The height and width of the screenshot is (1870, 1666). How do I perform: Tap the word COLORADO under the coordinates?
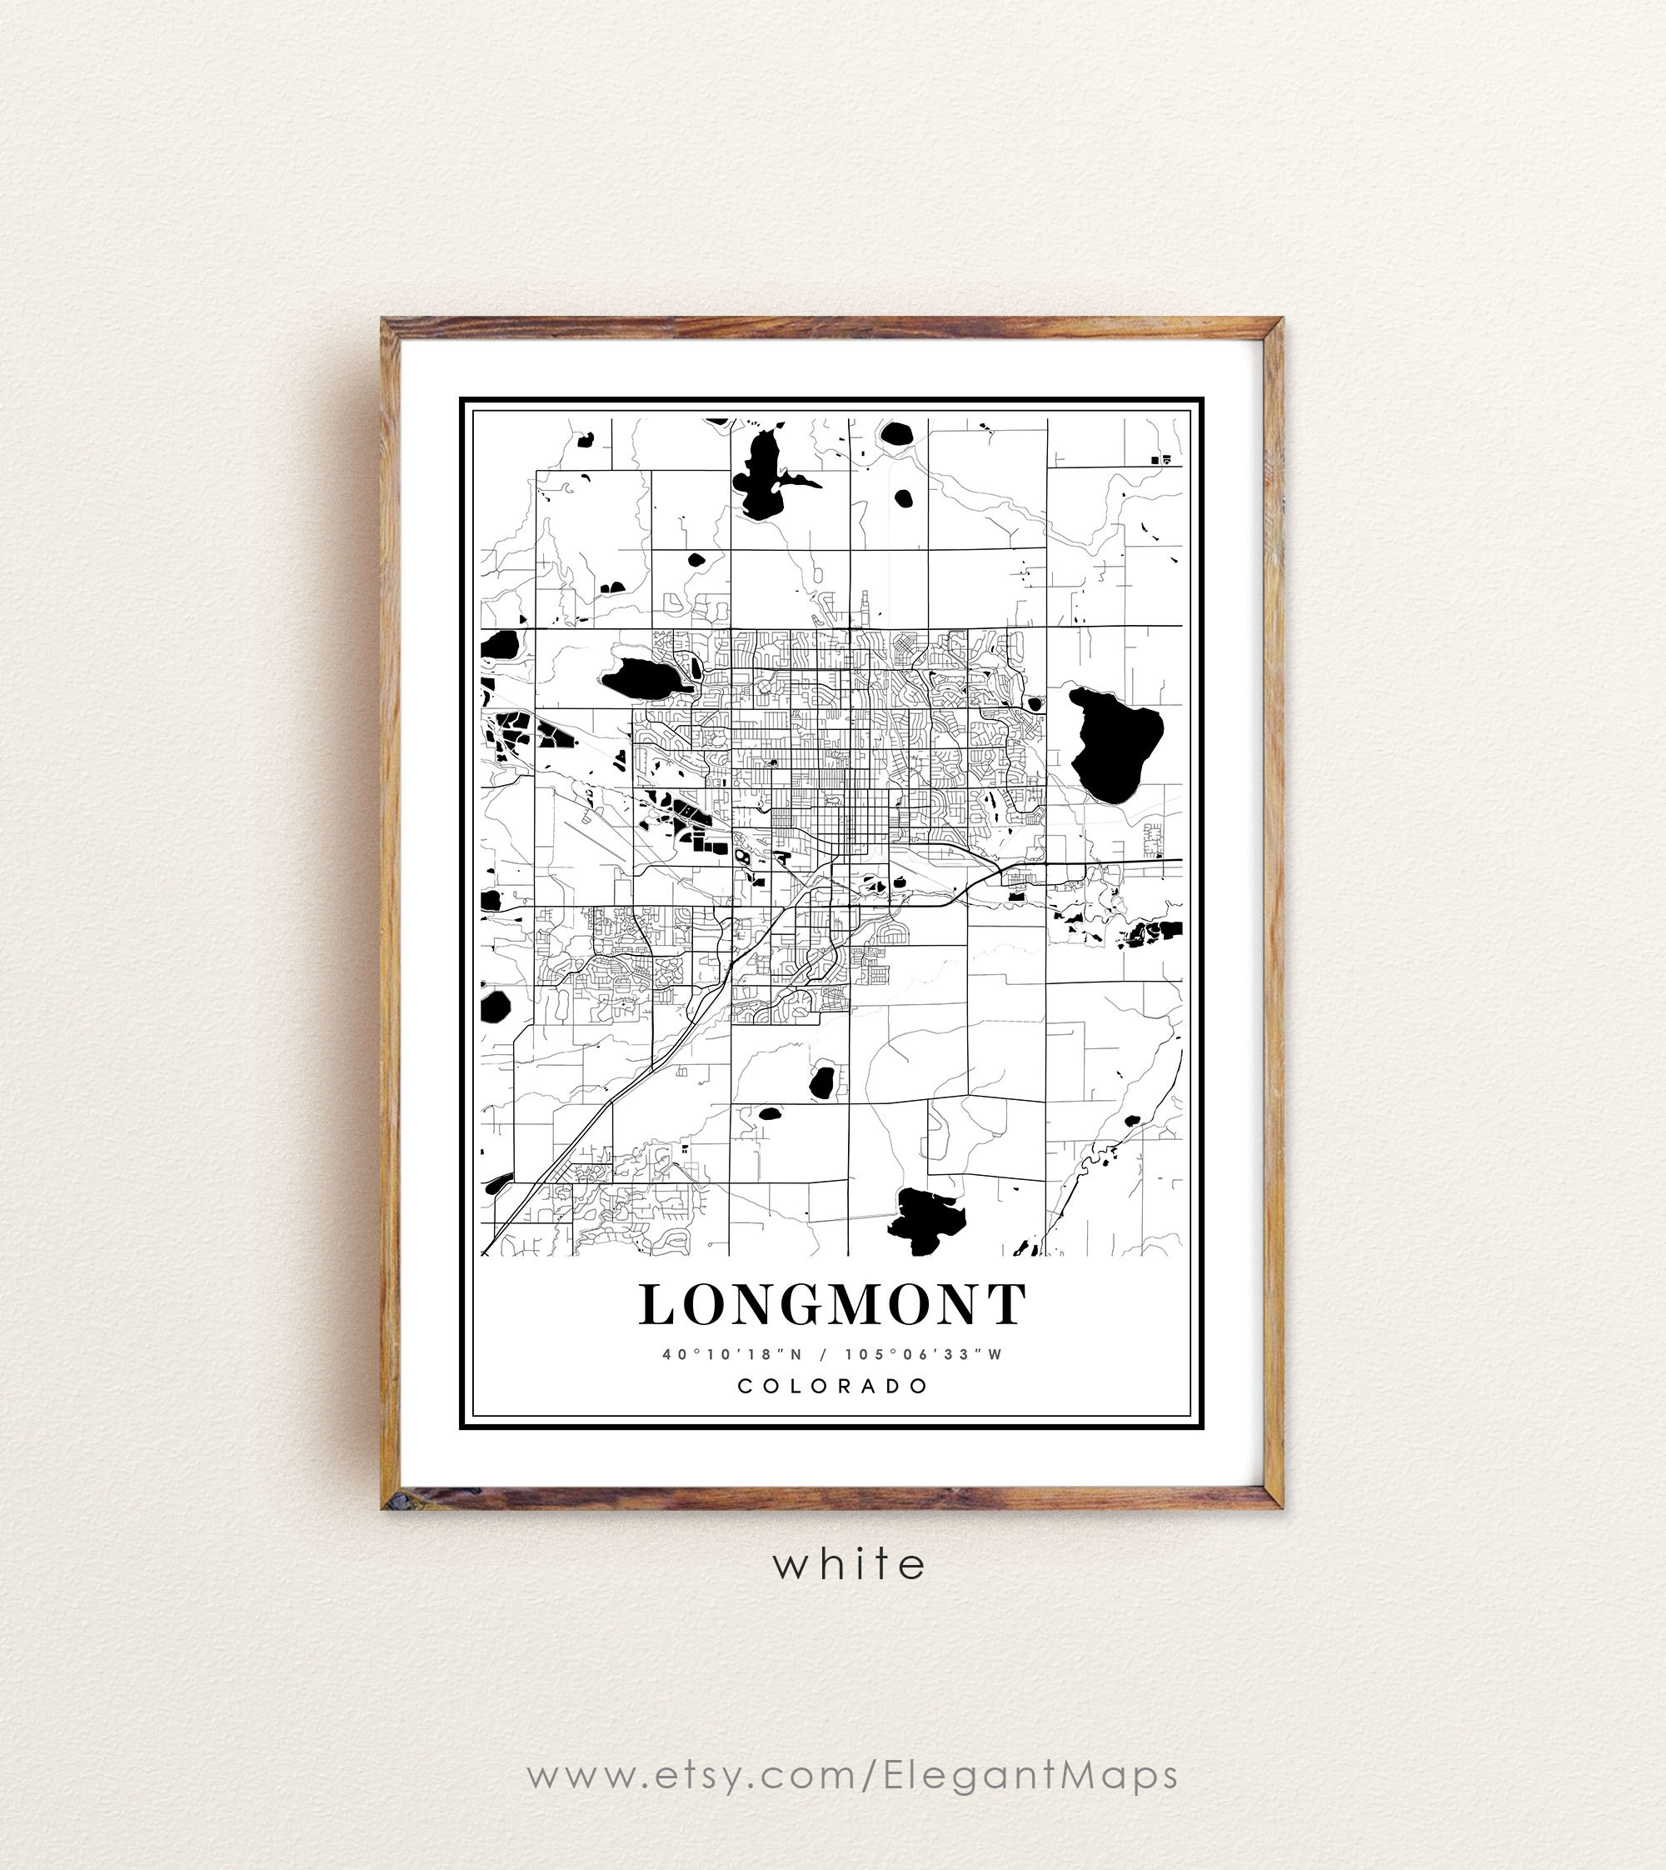pos(833,1386)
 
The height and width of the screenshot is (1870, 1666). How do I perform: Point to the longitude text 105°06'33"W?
pos(924,1354)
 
